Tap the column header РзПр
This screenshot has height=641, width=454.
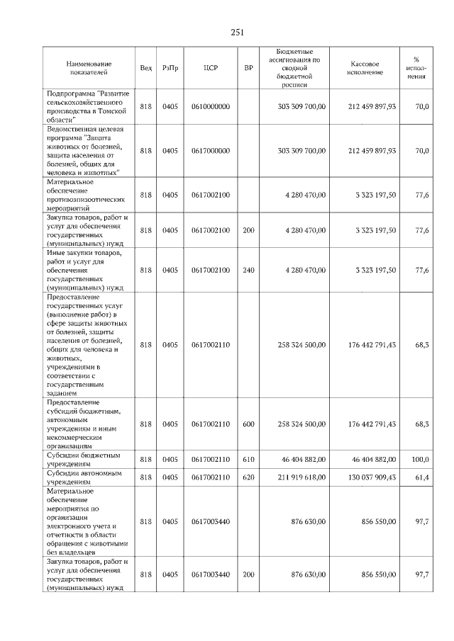[x=170, y=68]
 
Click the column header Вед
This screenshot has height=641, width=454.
[x=145, y=68]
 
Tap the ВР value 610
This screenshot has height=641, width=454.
[x=248, y=460]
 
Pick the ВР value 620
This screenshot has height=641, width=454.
[x=248, y=478]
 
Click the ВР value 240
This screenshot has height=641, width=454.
[x=248, y=270]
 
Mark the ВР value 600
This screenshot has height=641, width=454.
[x=248, y=424]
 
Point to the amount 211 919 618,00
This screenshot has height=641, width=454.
[x=297, y=478]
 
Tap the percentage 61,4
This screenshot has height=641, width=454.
[x=422, y=478]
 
